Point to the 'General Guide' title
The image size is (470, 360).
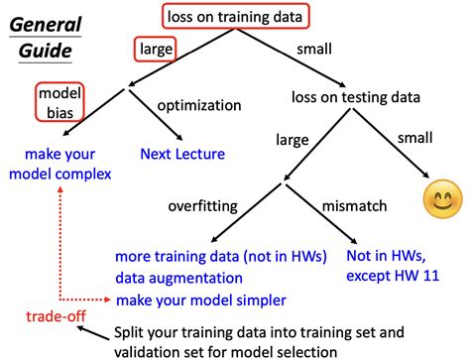click(x=50, y=34)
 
